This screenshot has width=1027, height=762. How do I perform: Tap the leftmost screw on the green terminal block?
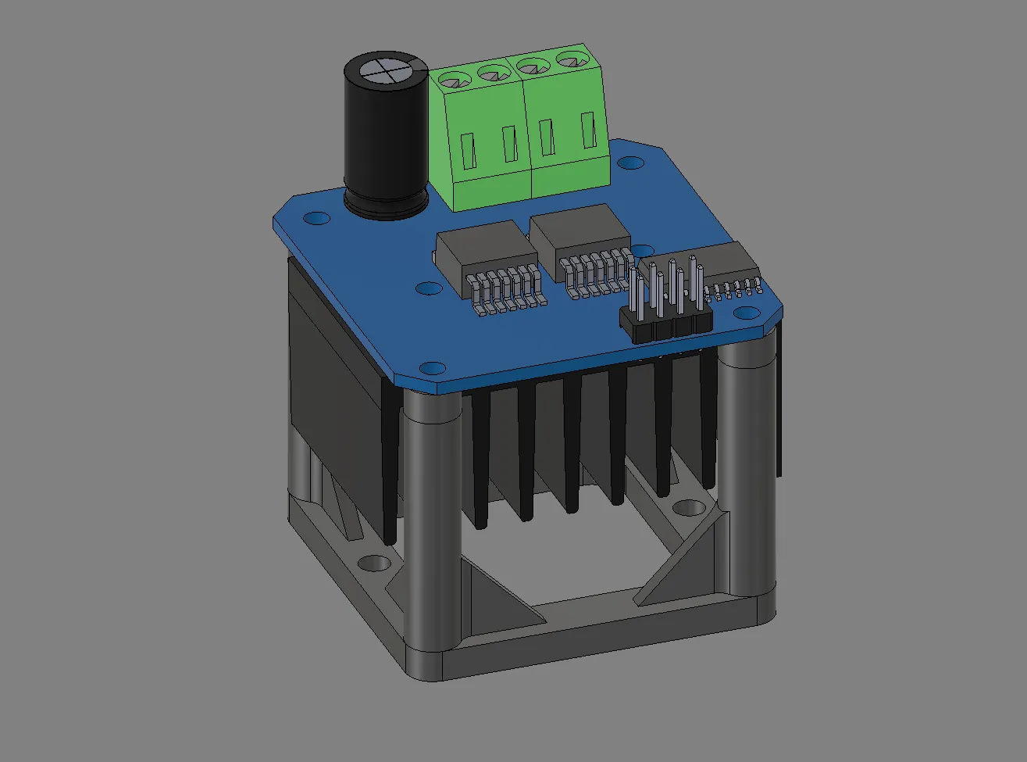pyautogui.click(x=451, y=79)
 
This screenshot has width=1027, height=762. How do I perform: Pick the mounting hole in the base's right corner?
pyautogui.click(x=686, y=508)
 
